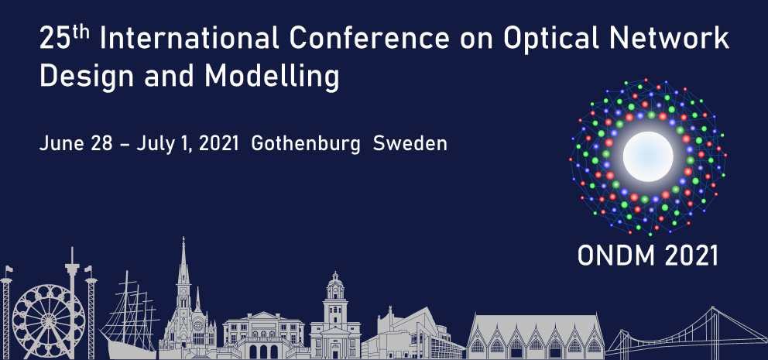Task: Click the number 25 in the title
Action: pos(54,39)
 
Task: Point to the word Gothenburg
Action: pos(307,144)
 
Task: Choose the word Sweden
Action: pos(410,144)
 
